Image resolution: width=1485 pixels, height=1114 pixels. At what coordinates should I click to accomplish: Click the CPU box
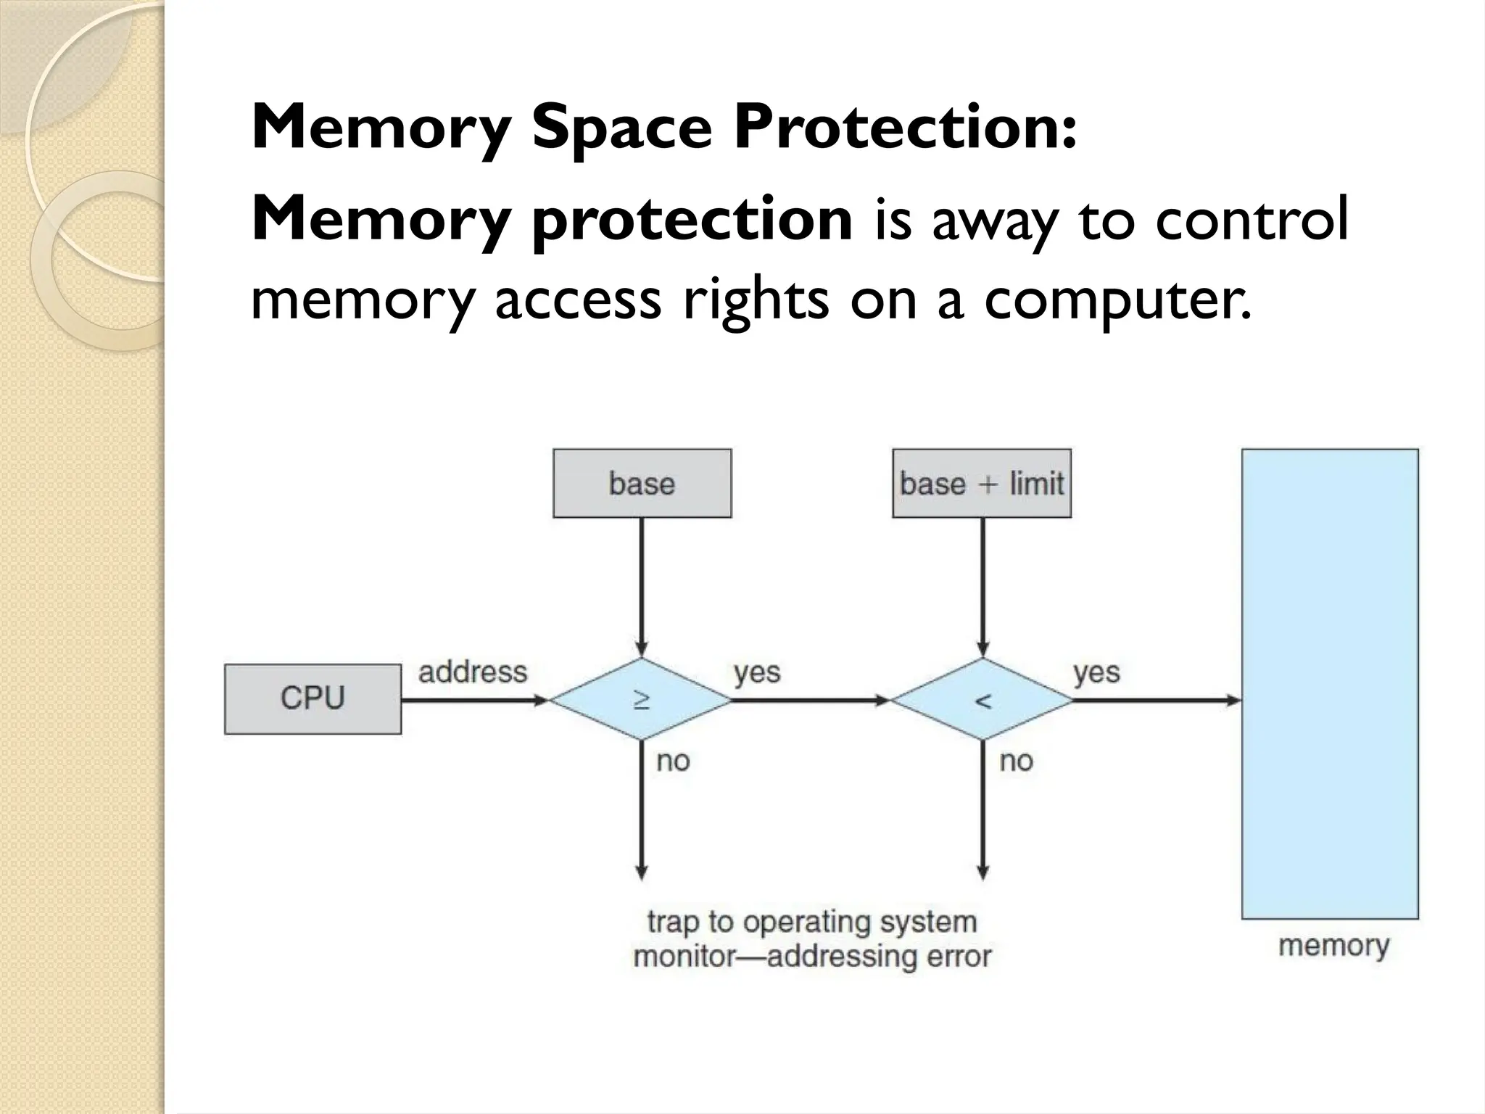(313, 698)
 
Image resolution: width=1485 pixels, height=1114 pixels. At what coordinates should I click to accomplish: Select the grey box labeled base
(642, 483)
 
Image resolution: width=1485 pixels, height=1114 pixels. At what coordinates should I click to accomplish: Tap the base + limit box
(981, 483)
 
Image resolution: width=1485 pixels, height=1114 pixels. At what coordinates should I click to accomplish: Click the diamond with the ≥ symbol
(641, 700)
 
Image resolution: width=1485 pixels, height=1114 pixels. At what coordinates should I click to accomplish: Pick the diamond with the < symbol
(982, 700)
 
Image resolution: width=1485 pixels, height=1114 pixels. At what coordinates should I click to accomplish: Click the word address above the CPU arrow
(473, 672)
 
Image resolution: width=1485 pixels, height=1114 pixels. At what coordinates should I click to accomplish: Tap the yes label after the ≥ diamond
(757, 672)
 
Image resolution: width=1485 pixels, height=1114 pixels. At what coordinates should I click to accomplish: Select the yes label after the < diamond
(1096, 672)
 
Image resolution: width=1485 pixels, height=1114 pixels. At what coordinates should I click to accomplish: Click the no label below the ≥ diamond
(673, 761)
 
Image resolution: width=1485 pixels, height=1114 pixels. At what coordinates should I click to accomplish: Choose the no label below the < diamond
(1016, 761)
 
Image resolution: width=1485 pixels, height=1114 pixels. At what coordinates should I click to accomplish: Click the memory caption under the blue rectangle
(1333, 945)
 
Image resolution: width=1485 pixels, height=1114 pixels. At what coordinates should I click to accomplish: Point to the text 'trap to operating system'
(812, 922)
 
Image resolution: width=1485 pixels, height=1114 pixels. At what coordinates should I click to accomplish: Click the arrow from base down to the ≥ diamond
(641, 587)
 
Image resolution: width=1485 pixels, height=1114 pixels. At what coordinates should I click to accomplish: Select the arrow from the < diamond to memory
(1157, 701)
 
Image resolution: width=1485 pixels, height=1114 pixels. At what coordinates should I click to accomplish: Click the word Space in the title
(622, 128)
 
